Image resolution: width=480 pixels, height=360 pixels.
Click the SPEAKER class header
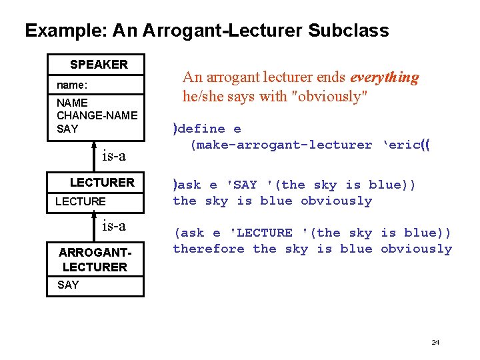[99, 65]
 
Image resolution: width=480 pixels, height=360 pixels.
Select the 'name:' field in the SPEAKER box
[72, 85]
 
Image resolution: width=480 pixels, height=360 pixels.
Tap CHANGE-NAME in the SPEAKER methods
[97, 115]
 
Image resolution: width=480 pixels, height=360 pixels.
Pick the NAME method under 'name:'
[72, 103]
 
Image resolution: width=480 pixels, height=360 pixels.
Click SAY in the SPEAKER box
[67, 129]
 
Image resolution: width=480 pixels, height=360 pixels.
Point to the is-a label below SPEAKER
[113, 156]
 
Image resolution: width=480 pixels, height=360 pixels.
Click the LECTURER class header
[102, 182]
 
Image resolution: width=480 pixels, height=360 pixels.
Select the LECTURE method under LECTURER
[80, 201]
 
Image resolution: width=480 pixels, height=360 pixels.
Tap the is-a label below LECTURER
[113, 226]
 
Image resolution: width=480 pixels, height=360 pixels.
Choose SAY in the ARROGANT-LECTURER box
[68, 285]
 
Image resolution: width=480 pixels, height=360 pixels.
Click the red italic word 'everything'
[385, 77]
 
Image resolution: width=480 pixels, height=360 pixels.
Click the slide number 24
[435, 342]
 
